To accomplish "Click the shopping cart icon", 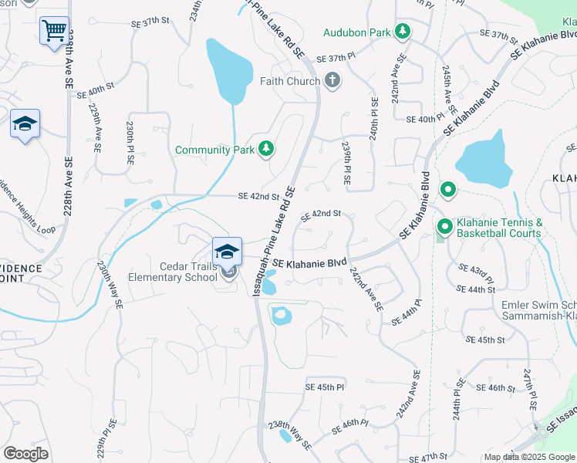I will pos(54,32).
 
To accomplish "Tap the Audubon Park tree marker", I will pos(401,32).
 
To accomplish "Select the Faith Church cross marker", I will pos(332,80).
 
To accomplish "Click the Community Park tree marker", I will pos(266,148).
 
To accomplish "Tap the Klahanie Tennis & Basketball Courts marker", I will pos(444,227).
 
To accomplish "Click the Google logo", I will pos(25,453).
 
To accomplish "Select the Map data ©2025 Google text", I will pos(529,457).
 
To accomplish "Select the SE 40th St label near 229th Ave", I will pos(101,90).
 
